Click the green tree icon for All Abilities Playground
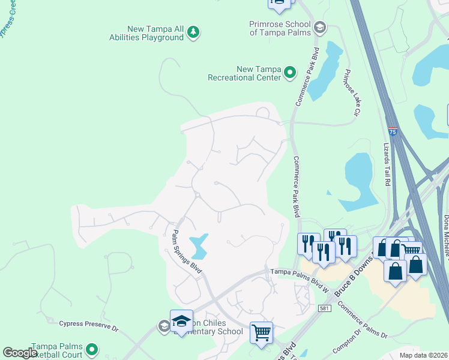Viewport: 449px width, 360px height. point(193,31)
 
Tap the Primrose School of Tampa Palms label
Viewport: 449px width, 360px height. point(280,28)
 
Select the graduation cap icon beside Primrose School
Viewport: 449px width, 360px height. point(320,26)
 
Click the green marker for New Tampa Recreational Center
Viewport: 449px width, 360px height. point(290,73)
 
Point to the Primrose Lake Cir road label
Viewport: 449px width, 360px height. point(352,93)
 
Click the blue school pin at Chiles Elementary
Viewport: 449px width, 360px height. point(181,321)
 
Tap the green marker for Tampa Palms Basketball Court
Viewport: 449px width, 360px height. point(92,349)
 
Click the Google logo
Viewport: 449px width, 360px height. point(20,353)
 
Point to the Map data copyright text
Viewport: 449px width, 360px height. point(424,355)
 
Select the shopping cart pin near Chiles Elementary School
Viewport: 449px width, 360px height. point(261,332)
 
